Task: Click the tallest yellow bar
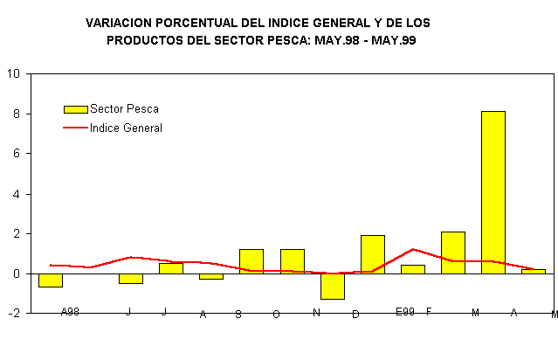pos(493,192)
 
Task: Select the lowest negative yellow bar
pos(332,286)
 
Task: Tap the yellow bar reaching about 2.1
pos(452,253)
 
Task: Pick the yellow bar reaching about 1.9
pos(372,254)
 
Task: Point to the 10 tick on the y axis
pos(14,73)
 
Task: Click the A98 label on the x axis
pos(70,311)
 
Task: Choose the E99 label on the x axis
pos(404,311)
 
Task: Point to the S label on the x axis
pos(238,315)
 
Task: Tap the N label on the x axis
pos(316,312)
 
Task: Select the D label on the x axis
pos(355,315)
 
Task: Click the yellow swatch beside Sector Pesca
pos(75,109)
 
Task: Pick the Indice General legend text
pos(126,128)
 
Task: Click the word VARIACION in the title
pos(122,22)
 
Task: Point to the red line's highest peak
pos(413,249)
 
